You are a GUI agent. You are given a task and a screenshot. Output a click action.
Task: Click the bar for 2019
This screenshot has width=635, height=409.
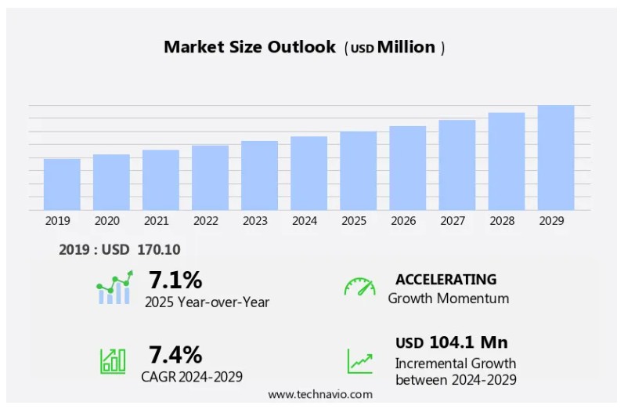click(x=62, y=184)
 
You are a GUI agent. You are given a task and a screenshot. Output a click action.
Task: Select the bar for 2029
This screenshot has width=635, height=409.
click(x=556, y=157)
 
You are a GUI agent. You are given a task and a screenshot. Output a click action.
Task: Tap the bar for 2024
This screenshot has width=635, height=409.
click(x=308, y=173)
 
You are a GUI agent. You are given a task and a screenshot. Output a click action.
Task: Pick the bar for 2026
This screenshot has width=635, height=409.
click(x=407, y=168)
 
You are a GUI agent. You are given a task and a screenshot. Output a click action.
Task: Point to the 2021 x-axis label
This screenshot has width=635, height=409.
click(x=156, y=221)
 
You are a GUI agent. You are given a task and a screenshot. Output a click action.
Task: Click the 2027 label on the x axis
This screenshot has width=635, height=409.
click(x=453, y=221)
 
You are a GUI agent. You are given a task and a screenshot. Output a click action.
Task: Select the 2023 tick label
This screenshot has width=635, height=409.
click(x=255, y=221)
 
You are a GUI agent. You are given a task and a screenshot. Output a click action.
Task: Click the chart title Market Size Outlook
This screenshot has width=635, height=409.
click(x=250, y=47)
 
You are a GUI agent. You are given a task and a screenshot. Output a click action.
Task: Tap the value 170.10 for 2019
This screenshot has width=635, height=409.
click(x=158, y=250)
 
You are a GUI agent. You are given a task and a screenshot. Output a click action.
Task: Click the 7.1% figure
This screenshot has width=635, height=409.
click(x=175, y=280)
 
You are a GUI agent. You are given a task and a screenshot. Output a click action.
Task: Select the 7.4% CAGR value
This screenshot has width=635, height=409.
click(x=175, y=354)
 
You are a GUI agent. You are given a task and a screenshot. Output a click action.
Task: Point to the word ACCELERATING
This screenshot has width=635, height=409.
click(x=446, y=279)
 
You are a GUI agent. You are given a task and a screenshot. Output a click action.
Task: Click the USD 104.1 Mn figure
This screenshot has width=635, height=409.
click(x=451, y=342)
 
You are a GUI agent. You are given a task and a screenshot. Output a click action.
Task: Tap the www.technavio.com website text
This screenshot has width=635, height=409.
click(x=320, y=394)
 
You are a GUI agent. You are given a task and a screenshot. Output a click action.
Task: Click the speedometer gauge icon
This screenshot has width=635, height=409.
click(x=359, y=287)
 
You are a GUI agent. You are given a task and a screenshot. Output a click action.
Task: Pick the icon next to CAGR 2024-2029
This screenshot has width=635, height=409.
click(x=113, y=360)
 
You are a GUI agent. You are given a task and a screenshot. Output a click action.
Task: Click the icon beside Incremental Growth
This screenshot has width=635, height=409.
click(x=360, y=361)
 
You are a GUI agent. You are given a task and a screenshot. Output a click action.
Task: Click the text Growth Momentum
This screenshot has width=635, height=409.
click(x=448, y=299)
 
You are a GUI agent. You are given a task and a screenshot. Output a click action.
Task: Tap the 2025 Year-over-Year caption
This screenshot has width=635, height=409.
click(x=207, y=302)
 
